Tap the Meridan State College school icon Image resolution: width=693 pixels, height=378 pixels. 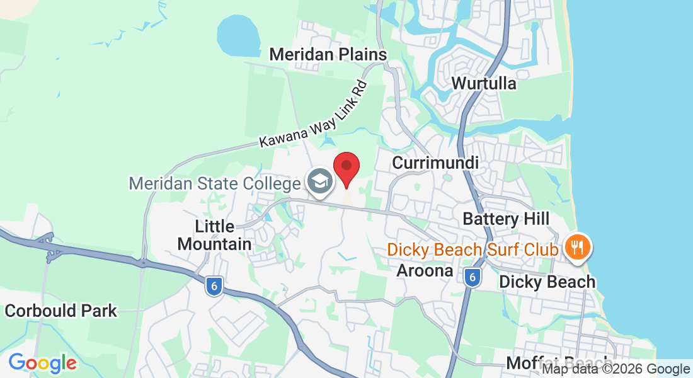(320, 182)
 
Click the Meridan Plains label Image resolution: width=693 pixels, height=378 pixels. (328, 54)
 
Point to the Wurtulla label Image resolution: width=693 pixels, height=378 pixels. (484, 83)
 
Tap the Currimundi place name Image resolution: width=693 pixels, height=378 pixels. (435, 163)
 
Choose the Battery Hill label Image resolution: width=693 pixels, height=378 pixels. (506, 219)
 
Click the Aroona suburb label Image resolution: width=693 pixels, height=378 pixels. (425, 271)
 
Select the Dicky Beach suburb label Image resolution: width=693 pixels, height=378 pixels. (547, 282)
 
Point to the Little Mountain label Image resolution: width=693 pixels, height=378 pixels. (214, 235)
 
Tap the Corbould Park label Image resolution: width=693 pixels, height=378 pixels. (60, 311)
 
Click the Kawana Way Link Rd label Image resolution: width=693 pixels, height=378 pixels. (313, 114)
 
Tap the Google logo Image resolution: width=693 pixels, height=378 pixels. (42, 363)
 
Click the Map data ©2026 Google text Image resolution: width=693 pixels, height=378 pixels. (616, 369)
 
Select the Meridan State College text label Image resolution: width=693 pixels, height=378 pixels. (214, 184)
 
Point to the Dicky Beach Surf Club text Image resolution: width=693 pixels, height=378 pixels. (472, 249)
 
